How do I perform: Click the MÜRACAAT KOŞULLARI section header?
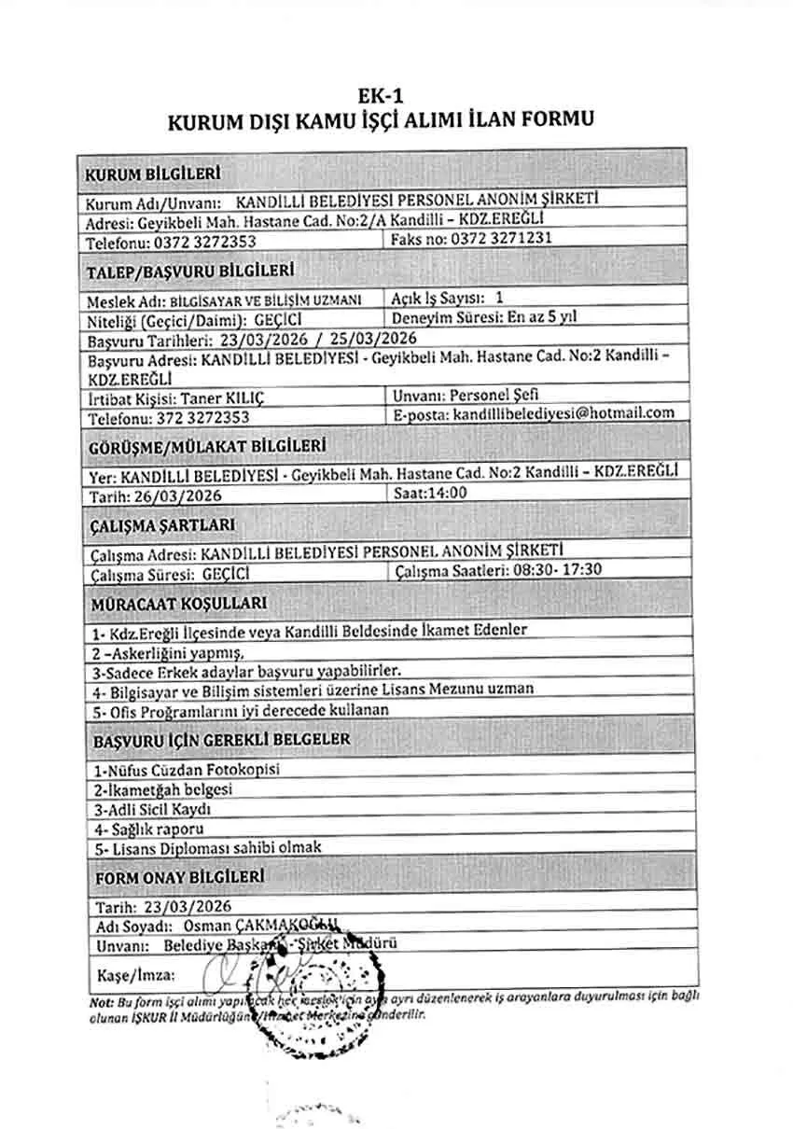178,604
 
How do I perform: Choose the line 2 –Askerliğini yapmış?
168,652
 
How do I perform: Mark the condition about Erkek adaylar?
246,671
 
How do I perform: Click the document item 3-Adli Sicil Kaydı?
152,809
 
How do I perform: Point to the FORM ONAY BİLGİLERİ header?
178,877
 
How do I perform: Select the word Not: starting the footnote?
101,997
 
